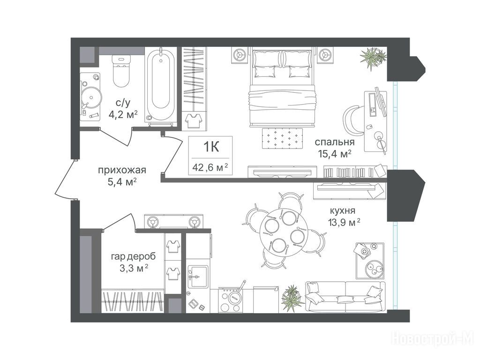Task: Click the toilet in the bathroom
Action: [x=121, y=71]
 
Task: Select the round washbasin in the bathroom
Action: [x=91, y=98]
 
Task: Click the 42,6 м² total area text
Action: [x=210, y=167]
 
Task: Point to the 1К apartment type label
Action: [x=211, y=147]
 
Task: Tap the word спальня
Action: [x=335, y=142]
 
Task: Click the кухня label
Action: [x=343, y=211]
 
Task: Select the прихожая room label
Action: [x=122, y=170]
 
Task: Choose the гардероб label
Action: [x=133, y=256]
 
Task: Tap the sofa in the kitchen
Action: [x=345, y=297]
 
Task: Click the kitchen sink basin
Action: [x=198, y=277]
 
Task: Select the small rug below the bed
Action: [x=282, y=138]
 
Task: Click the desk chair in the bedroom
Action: [x=353, y=120]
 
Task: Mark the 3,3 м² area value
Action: [x=134, y=269]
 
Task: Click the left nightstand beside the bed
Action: [x=239, y=55]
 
